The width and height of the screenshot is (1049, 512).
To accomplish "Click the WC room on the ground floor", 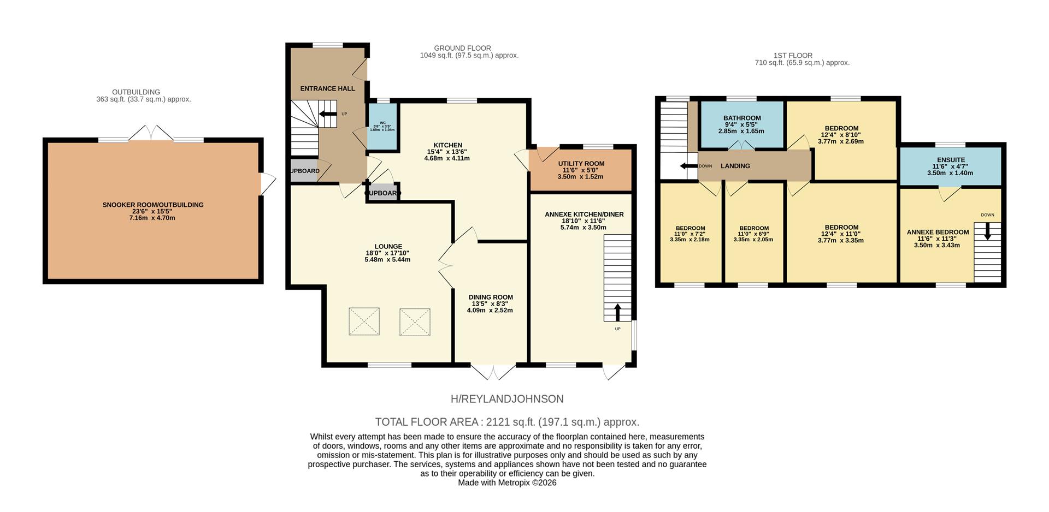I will [382, 127].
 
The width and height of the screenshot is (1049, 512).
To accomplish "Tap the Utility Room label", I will [581, 164].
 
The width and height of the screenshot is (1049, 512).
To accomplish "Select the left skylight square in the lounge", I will [364, 322].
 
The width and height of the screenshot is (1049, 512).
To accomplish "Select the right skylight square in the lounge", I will [415, 322].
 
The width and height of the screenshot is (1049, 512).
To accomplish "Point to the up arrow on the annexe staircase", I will [617, 312].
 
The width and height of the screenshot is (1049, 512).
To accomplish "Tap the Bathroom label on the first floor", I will [741, 118].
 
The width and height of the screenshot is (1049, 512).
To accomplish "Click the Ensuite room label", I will [951, 160].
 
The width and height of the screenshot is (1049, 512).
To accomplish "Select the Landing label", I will [735, 166].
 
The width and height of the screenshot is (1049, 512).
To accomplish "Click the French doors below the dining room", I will [493, 372].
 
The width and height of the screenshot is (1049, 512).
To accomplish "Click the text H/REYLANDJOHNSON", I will [506, 399].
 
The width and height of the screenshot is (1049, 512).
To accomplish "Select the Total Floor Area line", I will [506, 422].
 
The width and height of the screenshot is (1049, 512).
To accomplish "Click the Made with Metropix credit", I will [506, 483].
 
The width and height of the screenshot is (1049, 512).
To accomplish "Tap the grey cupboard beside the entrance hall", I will [304, 171].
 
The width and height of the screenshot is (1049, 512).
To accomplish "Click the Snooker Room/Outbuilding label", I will [153, 205].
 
